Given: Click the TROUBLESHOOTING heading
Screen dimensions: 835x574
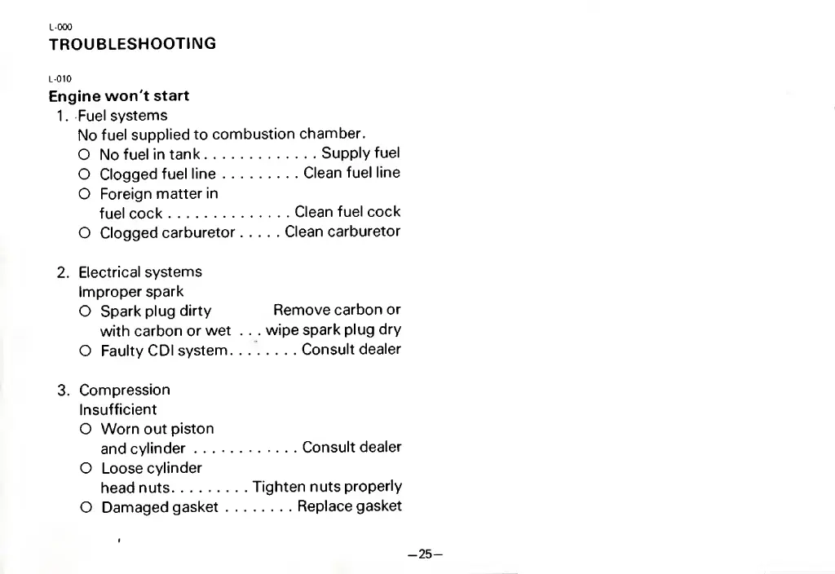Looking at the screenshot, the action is pos(132,44).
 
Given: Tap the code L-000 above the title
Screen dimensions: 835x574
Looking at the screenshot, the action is pos(60,27).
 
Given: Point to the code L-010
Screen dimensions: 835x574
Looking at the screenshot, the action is pos(60,79).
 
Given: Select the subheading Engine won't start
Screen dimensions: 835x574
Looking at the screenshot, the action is pos(119,96).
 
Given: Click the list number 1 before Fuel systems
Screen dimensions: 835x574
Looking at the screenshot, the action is pos(62,116).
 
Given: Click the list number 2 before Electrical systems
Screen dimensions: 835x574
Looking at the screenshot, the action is pos(62,272).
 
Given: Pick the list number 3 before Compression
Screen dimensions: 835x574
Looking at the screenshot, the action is pos(62,390).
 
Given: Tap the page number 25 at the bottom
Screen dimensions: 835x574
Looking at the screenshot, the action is pos(424,554).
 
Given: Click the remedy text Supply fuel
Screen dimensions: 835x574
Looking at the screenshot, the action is pos(360,153).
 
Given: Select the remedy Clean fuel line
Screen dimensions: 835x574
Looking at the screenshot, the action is pos(351,173).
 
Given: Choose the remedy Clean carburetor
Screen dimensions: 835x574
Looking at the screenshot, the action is pos(342,232).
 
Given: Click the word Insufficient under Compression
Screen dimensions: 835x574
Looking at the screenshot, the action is pos(117,409).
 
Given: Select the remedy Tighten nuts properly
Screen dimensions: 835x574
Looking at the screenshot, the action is pos(327,487).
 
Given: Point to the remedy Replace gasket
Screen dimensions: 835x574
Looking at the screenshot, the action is pos(349,506).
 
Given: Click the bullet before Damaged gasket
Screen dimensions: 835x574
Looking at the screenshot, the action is pos(85,508).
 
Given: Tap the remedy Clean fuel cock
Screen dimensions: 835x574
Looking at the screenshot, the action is pos(347,212).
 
